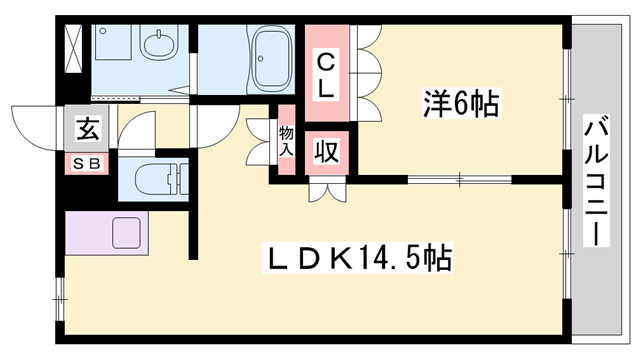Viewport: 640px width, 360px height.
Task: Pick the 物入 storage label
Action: (285, 141)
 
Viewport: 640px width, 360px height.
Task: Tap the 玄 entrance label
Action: (87, 128)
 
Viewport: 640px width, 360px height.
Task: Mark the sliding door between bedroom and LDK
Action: (460, 179)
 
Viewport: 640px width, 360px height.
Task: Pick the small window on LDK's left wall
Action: (59, 293)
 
